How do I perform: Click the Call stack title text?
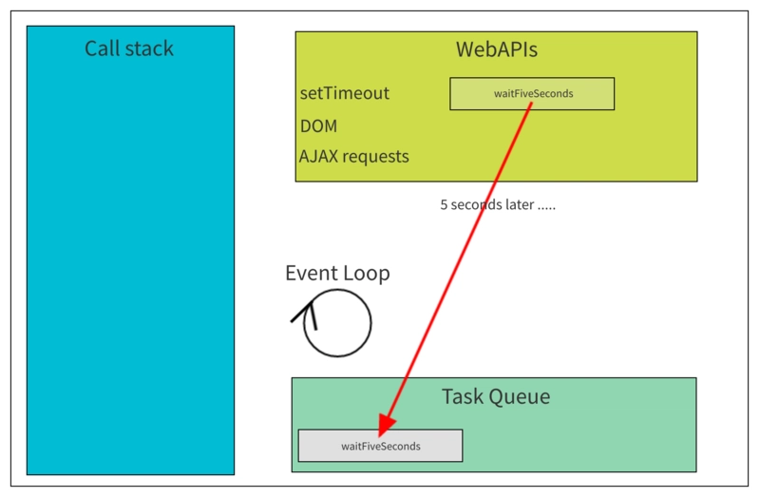coord(129,48)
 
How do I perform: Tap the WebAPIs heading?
coord(496,49)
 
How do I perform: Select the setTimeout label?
coord(345,93)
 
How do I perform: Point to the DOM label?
coord(318,125)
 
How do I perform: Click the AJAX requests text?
coord(354,156)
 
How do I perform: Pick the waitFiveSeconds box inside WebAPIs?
coord(532,94)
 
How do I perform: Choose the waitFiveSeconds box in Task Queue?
coord(380,446)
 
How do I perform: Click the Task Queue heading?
coord(495,396)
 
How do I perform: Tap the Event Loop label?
coord(337,274)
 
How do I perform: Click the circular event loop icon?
coord(337,323)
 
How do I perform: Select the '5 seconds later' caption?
coord(497,204)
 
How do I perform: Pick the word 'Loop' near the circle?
coord(367,274)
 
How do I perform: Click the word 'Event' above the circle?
coord(312,274)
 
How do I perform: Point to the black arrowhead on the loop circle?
coord(306,312)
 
